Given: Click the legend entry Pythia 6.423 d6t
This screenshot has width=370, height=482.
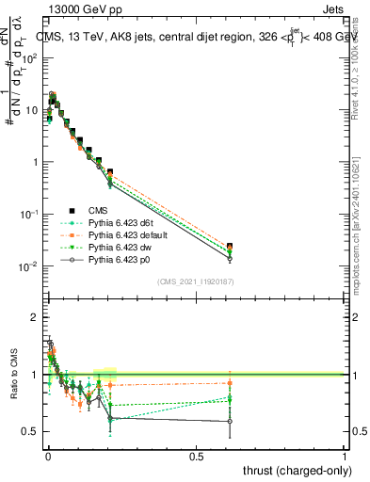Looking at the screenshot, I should click(118, 223).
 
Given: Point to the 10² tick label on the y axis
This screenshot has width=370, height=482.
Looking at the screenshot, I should click(29, 57).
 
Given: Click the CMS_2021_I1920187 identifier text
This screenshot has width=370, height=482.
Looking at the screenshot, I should click(195, 281).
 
